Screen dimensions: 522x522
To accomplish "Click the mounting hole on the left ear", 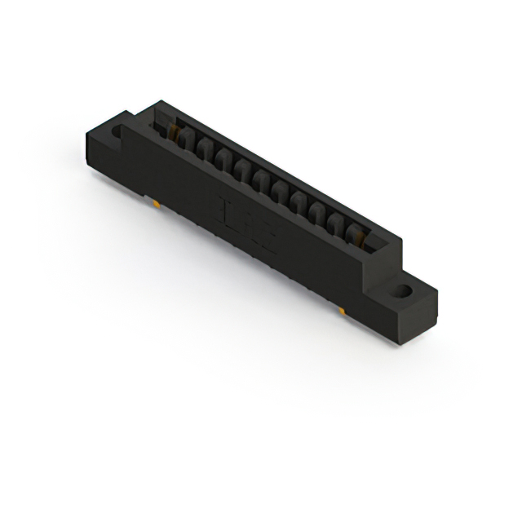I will click(117, 130).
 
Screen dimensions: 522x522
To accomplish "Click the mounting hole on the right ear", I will click(405, 290).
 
